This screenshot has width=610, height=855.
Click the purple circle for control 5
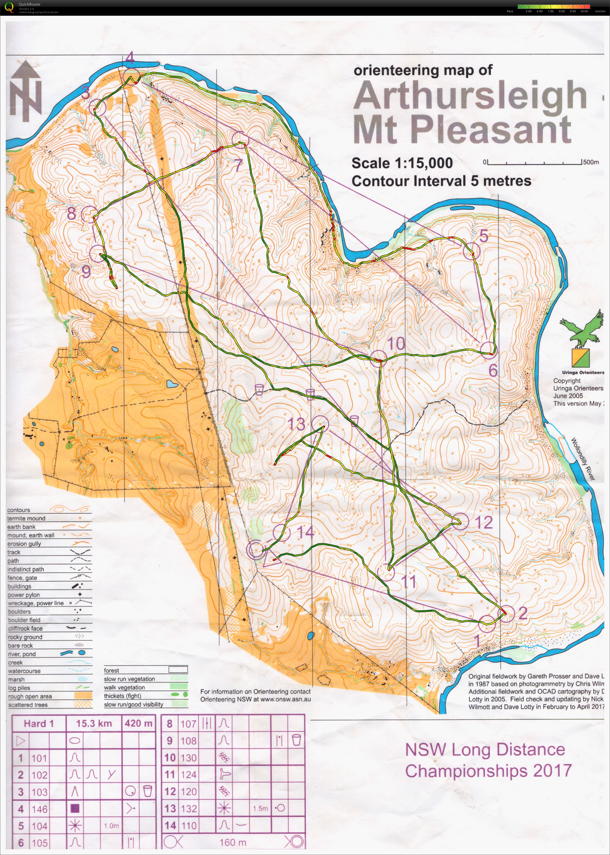[471, 251]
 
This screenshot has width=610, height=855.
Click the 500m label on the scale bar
[591, 162]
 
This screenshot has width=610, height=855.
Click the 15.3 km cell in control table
[94, 723]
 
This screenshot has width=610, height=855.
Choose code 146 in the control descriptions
[39, 809]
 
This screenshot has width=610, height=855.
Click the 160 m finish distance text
[233, 843]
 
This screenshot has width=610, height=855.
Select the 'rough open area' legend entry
[30, 696]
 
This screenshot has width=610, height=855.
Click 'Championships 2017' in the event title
[488, 771]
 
